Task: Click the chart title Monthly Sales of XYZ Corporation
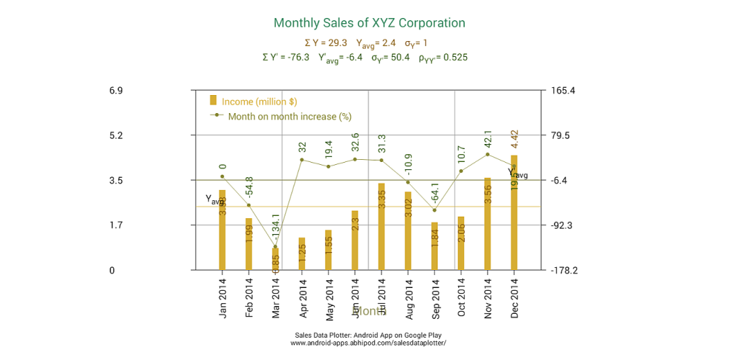tap(369, 23)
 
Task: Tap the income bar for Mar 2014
tap(275, 258)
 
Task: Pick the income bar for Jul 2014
tap(382, 226)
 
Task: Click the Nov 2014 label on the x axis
tap(488, 297)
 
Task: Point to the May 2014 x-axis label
tap(328, 297)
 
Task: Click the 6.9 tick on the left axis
tap(115, 91)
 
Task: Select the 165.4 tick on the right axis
tap(564, 91)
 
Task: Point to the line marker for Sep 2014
tap(435, 210)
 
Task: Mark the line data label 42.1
tap(488, 139)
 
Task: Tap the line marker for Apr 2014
tap(302, 160)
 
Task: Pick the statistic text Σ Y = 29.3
tap(326, 43)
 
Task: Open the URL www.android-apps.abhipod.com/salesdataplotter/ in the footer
tap(368, 343)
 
